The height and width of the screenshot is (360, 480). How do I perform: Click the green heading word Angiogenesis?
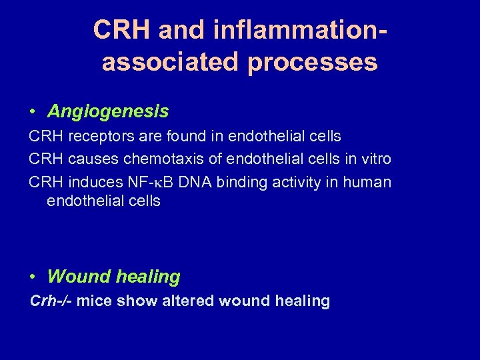click(x=108, y=111)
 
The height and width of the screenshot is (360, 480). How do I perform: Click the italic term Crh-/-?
click(x=51, y=301)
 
